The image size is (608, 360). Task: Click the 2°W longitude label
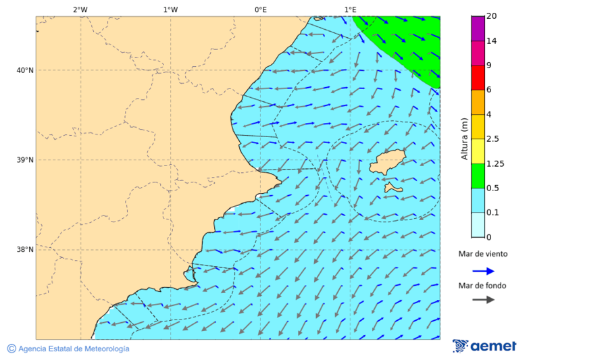[x=80, y=9]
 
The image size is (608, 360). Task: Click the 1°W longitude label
[x=170, y=9]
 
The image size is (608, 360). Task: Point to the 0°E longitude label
[x=260, y=9]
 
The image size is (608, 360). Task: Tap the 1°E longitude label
[x=350, y=9]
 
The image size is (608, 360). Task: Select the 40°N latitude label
[x=25, y=70]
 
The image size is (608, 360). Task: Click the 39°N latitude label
[x=25, y=160]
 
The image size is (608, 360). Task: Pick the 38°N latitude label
[x=25, y=250]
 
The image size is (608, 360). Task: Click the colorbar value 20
[x=492, y=16]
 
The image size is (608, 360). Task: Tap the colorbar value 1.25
[x=495, y=163]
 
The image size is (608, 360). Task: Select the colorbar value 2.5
[x=492, y=139]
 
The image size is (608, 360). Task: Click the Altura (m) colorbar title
[x=464, y=138]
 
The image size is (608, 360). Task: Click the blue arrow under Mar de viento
[x=483, y=271]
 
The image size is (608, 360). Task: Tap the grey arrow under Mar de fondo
[x=483, y=300]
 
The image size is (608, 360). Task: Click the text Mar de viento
[x=482, y=255]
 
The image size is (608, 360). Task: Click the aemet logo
[x=484, y=346]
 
